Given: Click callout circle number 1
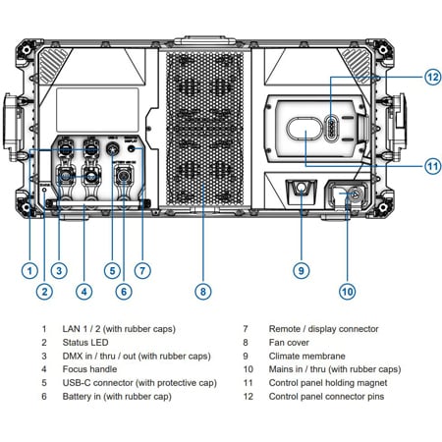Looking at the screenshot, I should (x=30, y=269).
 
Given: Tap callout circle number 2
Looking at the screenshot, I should (x=44, y=290).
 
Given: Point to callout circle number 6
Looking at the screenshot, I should (x=124, y=290).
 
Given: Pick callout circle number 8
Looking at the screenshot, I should (x=202, y=290).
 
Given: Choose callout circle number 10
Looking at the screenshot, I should (x=347, y=290).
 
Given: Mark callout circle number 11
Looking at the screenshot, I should (x=432, y=165).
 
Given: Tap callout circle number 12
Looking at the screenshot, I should (x=432, y=76).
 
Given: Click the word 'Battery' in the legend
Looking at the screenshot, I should (x=83, y=396).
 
